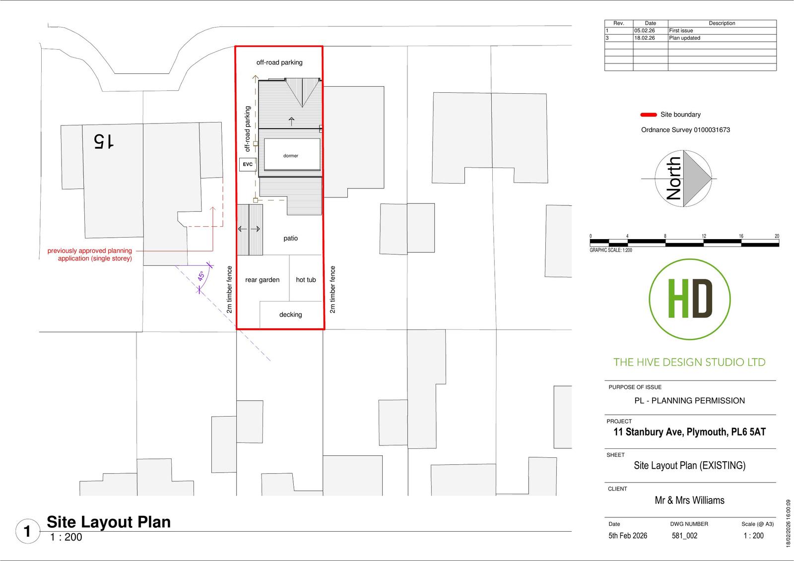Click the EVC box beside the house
click(x=248, y=165)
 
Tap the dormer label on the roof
click(x=291, y=156)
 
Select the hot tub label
click(x=306, y=280)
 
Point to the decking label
click(x=291, y=314)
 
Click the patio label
click(x=291, y=238)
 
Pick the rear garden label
click(x=263, y=280)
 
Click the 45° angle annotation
click(x=201, y=276)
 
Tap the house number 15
click(x=104, y=141)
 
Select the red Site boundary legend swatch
click(x=648, y=115)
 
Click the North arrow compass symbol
click(x=683, y=179)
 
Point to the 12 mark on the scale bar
click(x=704, y=236)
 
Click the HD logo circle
click(x=690, y=300)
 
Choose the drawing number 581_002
click(x=684, y=536)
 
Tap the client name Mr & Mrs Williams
click(x=689, y=500)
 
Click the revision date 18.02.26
click(x=645, y=38)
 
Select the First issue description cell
click(x=681, y=30)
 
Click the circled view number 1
click(x=27, y=531)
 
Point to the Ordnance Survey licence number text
click(x=685, y=129)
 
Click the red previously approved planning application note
click(x=90, y=254)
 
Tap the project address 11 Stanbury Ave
click(x=689, y=432)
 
